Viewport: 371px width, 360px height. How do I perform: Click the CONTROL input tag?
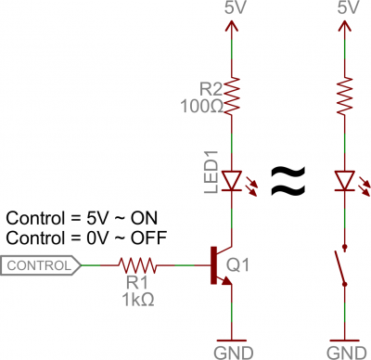pyautogui.click(x=39, y=266)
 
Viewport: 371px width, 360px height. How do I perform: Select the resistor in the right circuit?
pyautogui.click(x=344, y=93)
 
